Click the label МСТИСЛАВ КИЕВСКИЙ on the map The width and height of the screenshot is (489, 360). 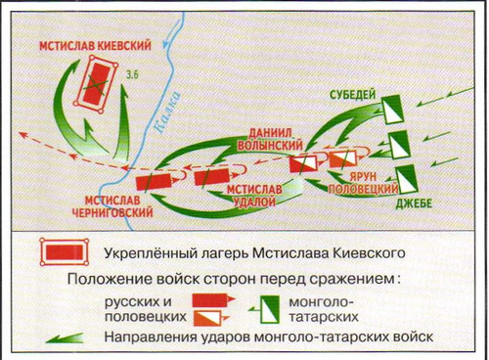[x=96, y=45]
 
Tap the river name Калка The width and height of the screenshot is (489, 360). [x=166, y=112]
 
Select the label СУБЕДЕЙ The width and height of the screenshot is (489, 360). [x=353, y=95]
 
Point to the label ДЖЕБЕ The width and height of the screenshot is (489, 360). [x=414, y=203]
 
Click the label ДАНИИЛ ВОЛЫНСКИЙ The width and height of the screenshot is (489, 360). [x=270, y=139]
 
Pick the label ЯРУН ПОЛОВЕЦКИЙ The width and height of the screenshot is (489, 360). [x=363, y=183]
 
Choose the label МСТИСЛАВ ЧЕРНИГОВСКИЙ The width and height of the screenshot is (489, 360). [x=112, y=206]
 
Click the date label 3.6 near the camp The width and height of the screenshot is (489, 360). [x=132, y=74]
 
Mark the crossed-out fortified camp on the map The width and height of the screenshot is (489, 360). [x=95, y=84]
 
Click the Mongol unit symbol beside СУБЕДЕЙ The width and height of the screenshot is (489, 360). [x=393, y=110]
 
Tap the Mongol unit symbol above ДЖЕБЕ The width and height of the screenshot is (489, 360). [x=407, y=179]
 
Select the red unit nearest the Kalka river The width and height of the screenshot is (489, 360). [x=154, y=182]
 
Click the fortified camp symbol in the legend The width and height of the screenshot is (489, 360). [x=65, y=252]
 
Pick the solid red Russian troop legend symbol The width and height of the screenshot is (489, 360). [x=213, y=299]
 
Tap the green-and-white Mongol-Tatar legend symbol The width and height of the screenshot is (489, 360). [x=269, y=309]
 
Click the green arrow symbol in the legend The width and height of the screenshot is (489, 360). [x=65, y=338]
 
